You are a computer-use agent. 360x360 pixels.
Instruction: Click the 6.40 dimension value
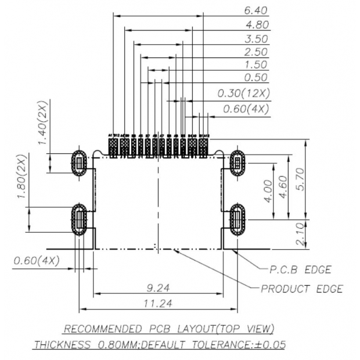tap(256, 10)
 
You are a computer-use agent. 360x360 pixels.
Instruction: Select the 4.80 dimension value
tap(256, 25)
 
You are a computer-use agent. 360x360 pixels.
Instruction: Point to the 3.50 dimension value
tap(256, 39)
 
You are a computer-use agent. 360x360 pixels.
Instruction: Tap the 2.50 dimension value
tap(256, 52)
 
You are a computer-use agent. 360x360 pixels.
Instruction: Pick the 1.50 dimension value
tap(256, 64)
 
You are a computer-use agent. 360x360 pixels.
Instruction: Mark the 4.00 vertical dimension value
tap(267, 190)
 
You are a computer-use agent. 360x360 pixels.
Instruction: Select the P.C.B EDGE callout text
tap(300, 270)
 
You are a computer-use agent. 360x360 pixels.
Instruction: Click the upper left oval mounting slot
tap(80, 163)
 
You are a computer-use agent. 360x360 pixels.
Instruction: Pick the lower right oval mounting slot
tap(237, 219)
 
